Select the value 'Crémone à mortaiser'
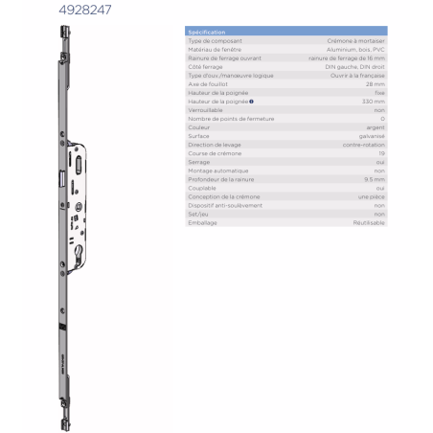(x=354, y=41)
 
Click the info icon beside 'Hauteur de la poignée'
(x=251, y=101)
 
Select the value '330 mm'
(x=374, y=101)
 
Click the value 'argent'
(x=376, y=126)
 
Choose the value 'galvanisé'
(x=372, y=135)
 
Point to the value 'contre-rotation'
(x=365, y=144)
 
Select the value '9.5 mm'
(x=375, y=178)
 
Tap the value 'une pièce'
(x=371, y=195)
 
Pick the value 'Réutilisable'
(x=368, y=222)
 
